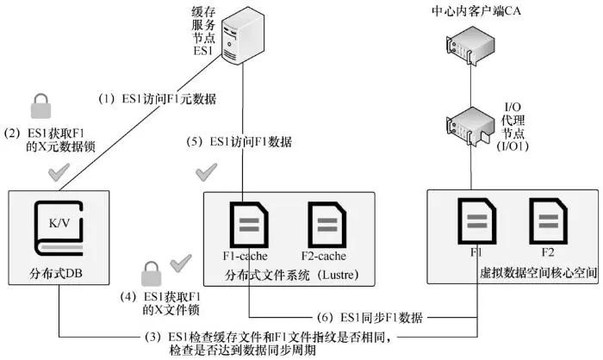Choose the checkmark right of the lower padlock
tap(182, 262)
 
